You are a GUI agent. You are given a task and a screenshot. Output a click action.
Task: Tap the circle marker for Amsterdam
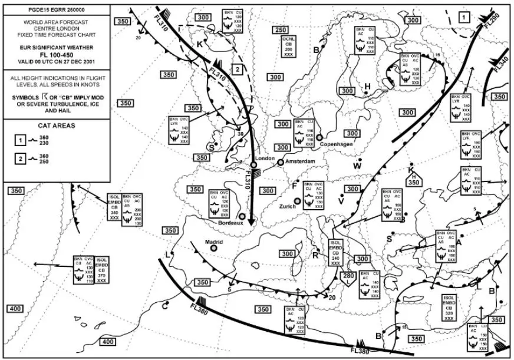[x=281, y=162]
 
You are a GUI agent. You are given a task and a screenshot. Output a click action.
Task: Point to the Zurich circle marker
[x=298, y=201]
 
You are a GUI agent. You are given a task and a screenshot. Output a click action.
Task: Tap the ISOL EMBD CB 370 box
[x=101, y=270]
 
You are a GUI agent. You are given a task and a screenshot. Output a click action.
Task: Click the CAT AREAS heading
[x=57, y=125]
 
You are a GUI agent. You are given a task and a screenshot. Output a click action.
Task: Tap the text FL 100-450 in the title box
[x=57, y=55]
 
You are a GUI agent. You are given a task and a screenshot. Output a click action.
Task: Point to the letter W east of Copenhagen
[x=357, y=166]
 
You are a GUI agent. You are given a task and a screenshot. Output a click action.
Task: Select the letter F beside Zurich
[x=295, y=186]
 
